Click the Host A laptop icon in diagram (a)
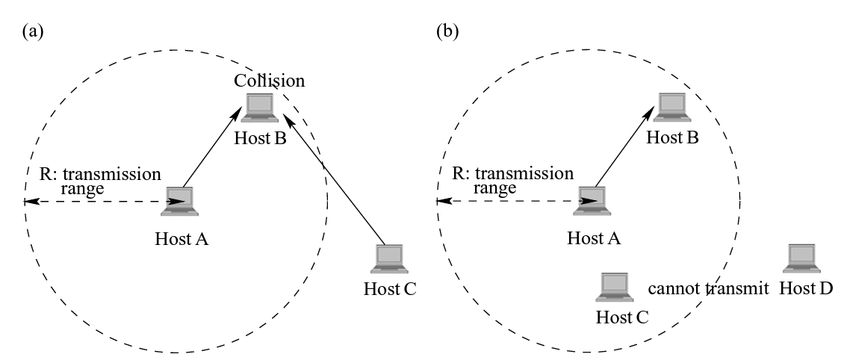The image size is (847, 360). pyautogui.click(x=179, y=201)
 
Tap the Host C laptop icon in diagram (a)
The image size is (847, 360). pyautogui.click(x=388, y=258)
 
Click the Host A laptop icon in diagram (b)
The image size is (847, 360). pyautogui.click(x=594, y=201)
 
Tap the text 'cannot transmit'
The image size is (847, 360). pyautogui.click(x=708, y=288)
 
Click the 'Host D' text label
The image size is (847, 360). pyautogui.click(x=806, y=288)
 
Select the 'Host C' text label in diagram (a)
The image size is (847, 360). pyautogui.click(x=389, y=288)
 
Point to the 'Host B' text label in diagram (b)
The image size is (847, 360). pyautogui.click(x=672, y=137)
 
